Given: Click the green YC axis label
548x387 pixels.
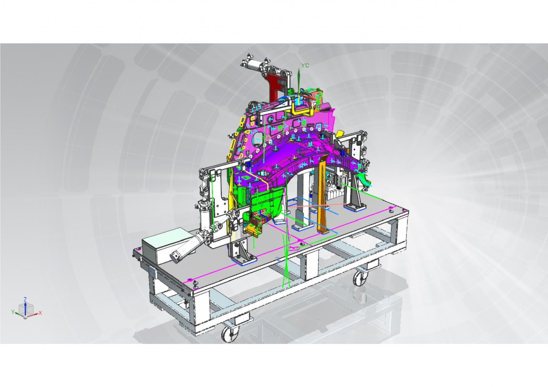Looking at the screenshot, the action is coord(305,65).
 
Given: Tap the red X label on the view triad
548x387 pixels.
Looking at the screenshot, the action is coord(40,313).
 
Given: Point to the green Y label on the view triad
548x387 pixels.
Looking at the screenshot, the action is coord(13,312).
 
